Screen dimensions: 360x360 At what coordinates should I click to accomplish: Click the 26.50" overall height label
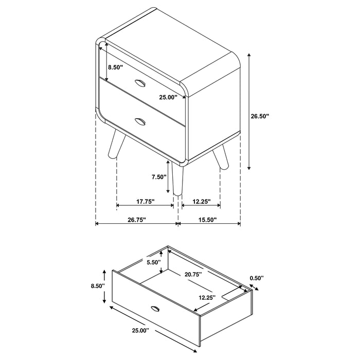click(x=260, y=117)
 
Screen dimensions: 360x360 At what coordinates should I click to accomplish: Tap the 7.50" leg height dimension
click(x=159, y=177)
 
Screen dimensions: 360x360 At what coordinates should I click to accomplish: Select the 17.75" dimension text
click(x=146, y=202)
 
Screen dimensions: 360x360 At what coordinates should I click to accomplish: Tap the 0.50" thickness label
click(x=256, y=278)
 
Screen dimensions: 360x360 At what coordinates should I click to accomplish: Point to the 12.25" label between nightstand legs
click(x=201, y=202)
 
